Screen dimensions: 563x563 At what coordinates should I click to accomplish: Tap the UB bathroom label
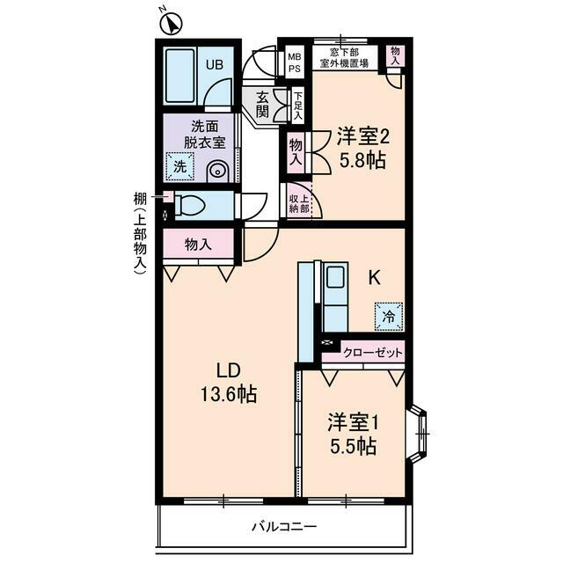click(215, 63)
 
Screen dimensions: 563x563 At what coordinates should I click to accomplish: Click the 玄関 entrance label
click(262, 105)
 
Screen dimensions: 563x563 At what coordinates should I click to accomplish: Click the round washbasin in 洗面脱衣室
click(217, 171)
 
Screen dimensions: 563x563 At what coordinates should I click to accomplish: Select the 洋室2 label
click(362, 136)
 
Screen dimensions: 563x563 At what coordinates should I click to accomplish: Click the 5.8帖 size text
click(362, 161)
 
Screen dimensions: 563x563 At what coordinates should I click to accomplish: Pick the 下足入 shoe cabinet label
click(298, 105)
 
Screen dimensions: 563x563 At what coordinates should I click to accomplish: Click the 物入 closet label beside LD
click(199, 245)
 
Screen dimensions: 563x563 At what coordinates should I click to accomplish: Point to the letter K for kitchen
click(374, 278)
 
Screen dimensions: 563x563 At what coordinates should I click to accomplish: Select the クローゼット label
click(373, 353)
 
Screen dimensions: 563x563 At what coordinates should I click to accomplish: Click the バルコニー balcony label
click(284, 527)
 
